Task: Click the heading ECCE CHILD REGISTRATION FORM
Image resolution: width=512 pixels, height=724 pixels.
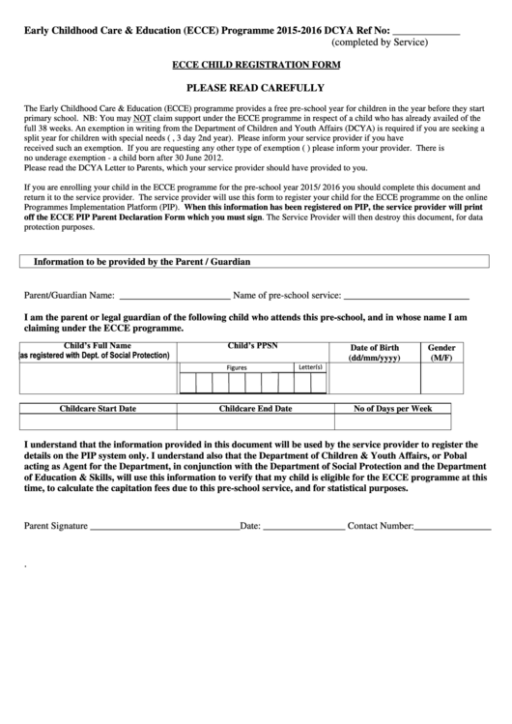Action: (x=256, y=65)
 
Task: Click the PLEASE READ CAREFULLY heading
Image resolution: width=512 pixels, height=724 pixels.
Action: (x=256, y=87)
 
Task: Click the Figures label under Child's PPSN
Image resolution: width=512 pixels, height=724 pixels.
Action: (x=237, y=367)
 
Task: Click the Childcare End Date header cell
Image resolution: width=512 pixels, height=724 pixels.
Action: (x=255, y=409)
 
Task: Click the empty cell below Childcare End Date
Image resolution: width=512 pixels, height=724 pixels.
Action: (x=255, y=422)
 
